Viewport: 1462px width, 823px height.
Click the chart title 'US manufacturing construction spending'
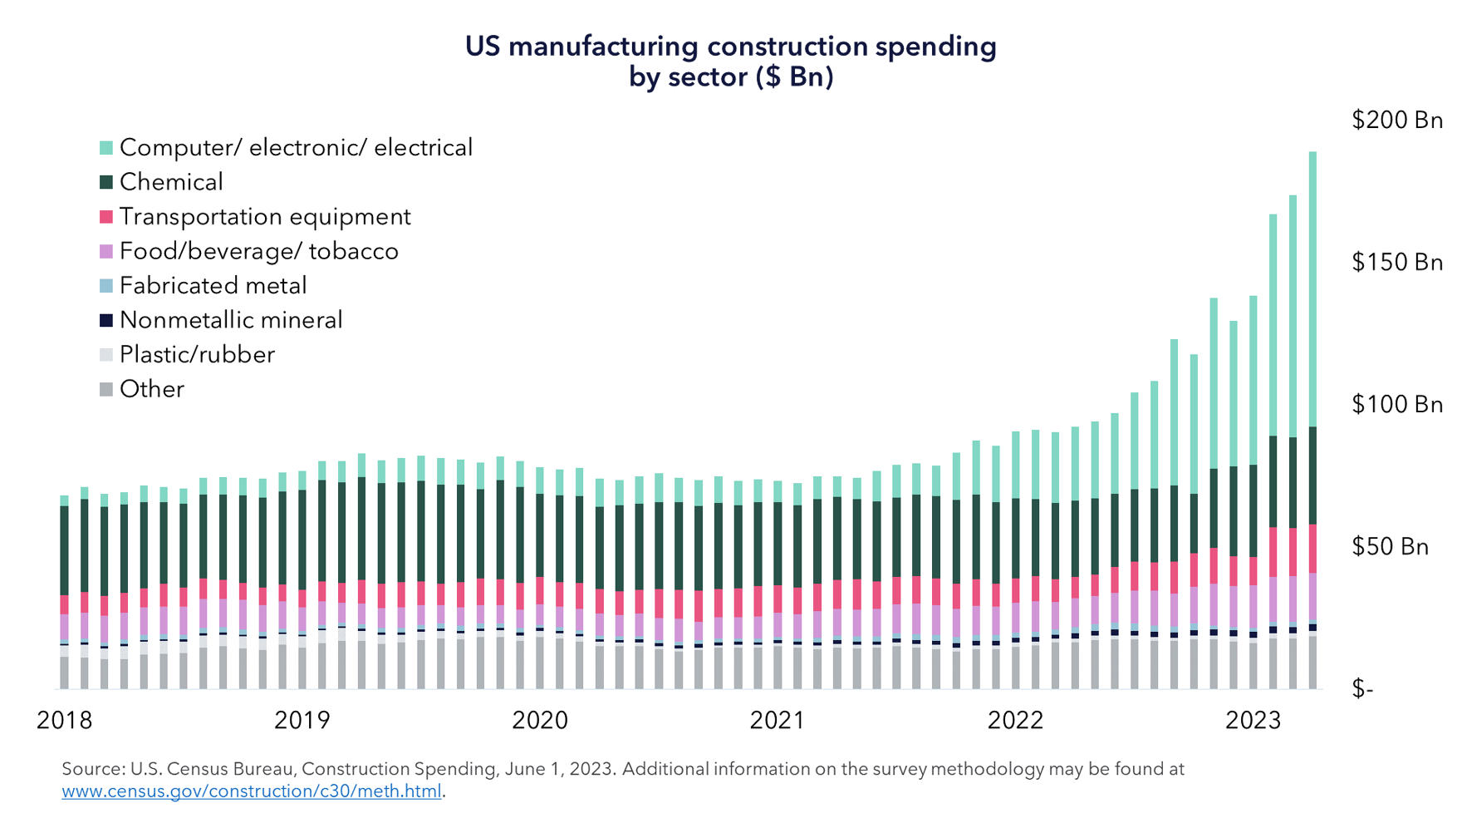(730, 47)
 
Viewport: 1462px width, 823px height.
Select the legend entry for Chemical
(170, 182)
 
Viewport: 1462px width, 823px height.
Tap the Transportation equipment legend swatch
(106, 217)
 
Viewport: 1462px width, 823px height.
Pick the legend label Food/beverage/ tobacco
(258, 251)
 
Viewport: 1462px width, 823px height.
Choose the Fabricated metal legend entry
(213, 286)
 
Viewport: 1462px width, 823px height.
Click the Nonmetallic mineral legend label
(230, 320)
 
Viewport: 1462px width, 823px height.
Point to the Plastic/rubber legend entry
(196, 355)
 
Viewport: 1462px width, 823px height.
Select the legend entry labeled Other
(151, 389)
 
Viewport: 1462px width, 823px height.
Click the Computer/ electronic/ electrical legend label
(296, 148)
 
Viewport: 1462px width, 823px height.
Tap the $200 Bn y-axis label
(1396, 121)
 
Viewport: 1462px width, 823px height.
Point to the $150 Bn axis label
(1396, 263)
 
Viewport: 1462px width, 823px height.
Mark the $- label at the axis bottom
(1362, 689)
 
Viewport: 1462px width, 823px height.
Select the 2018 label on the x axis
(65, 720)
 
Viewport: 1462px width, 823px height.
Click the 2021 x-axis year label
(778, 720)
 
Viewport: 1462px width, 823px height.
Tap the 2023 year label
(1253, 720)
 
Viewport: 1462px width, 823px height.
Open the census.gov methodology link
(252, 791)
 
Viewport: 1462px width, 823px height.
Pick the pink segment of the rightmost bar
(1312, 549)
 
